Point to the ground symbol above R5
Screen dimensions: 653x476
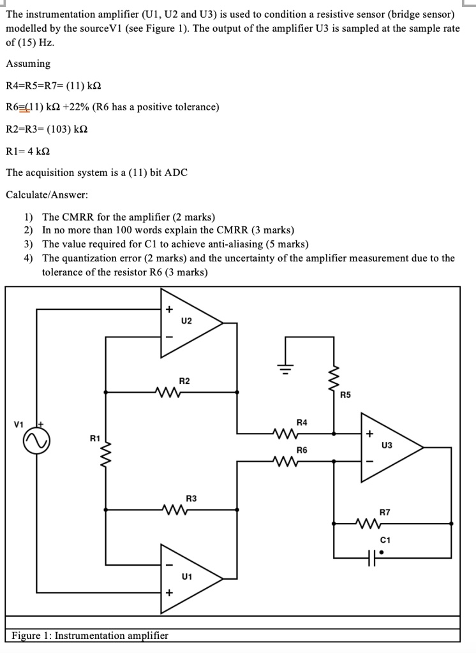click(x=286, y=368)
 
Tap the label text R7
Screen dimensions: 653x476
click(x=385, y=512)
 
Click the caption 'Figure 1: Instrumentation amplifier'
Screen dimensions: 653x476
click(x=90, y=635)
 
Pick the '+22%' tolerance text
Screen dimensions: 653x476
click(x=76, y=107)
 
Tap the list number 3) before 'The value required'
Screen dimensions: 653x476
click(x=29, y=244)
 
